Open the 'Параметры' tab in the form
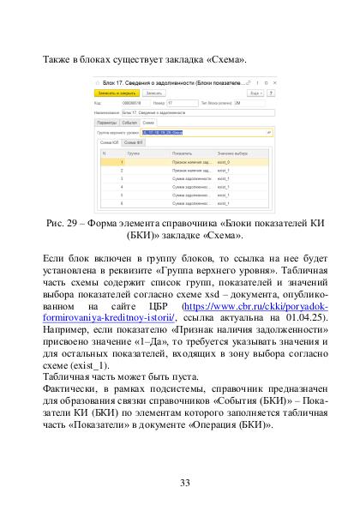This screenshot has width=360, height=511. [106, 123]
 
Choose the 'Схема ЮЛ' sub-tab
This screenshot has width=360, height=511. [111, 141]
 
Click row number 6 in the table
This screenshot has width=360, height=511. [123, 203]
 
